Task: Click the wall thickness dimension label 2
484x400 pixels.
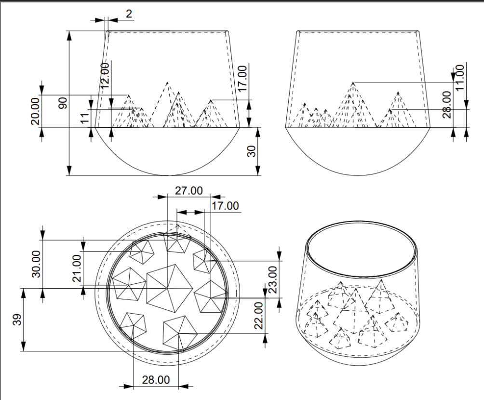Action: point(129,14)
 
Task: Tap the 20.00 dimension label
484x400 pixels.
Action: point(35,111)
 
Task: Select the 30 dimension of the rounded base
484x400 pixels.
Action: point(250,151)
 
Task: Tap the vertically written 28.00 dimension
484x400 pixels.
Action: point(447,105)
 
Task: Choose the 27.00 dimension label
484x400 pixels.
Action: point(188,190)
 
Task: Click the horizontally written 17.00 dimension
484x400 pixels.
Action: point(225,206)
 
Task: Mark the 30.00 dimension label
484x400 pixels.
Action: point(35,263)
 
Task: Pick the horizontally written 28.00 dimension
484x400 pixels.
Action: point(155,379)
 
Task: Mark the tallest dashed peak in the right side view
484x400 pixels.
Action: point(353,82)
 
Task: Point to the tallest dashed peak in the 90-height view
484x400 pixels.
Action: point(167,82)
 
